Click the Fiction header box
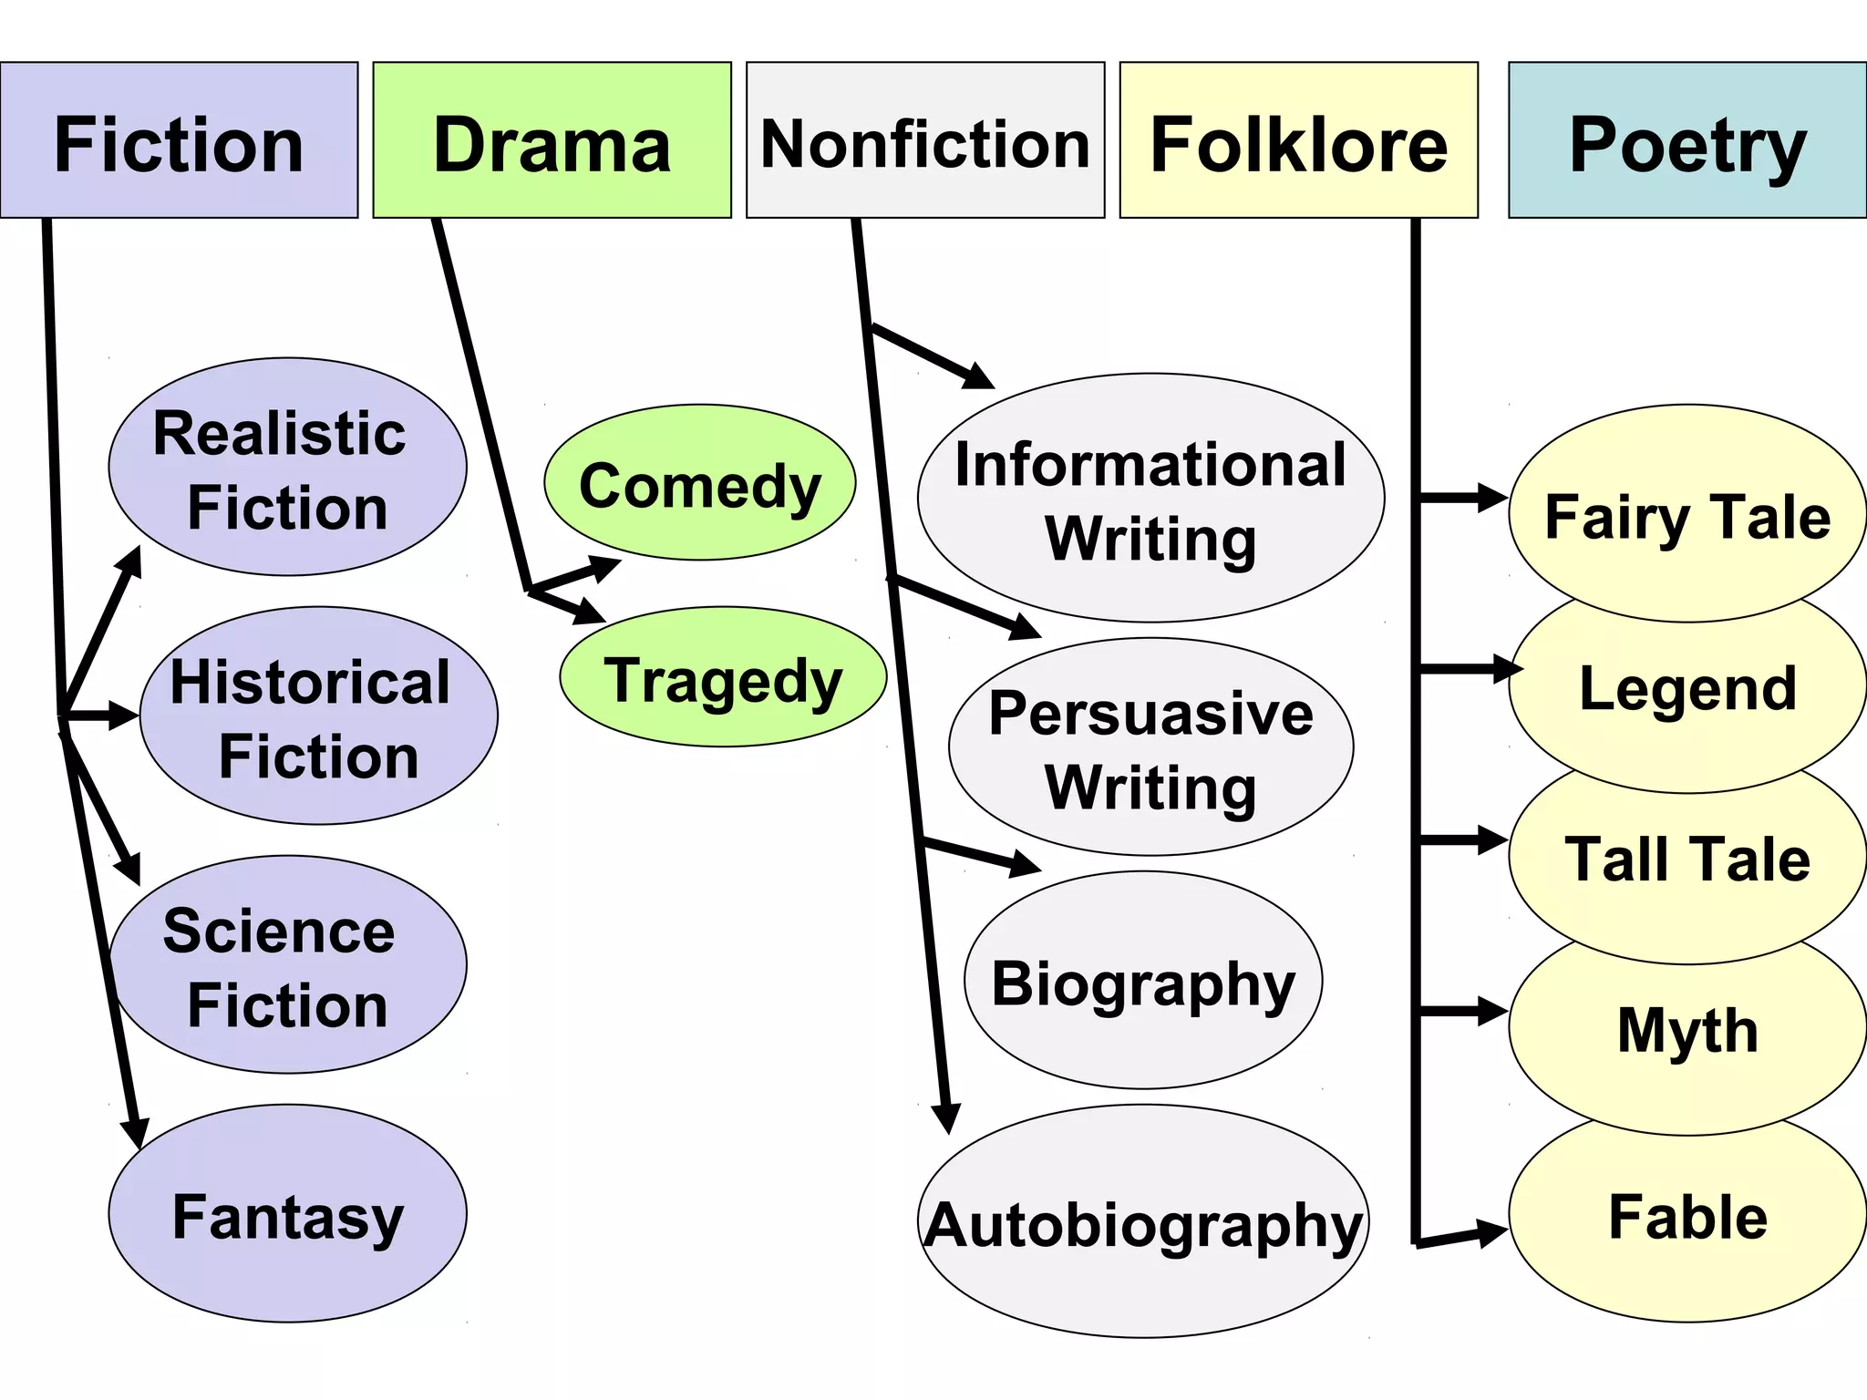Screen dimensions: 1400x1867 tap(179, 141)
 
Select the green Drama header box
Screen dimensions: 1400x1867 tap(552, 141)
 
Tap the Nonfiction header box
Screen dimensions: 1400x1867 tap(924, 141)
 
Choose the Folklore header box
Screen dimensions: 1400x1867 tap(1298, 141)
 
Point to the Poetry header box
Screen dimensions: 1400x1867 tap(1686, 141)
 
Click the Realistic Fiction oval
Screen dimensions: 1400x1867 tap(287, 467)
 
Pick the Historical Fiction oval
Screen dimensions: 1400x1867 tap(318, 716)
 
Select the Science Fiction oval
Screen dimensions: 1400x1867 tap(287, 964)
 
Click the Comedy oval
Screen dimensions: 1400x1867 tap(699, 483)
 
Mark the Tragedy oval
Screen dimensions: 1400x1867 tap(723, 678)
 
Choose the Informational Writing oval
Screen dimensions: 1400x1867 tap(1150, 499)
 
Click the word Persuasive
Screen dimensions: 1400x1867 tap(1150, 713)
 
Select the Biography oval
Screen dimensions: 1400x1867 tap(1143, 981)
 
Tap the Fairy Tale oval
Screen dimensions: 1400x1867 tap(1686, 515)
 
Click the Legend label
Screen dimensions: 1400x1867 tap(1686, 687)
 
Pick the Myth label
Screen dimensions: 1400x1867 tap(1686, 1030)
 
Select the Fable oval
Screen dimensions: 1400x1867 tap(1686, 1217)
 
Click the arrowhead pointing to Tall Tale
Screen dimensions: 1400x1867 tap(1491, 840)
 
